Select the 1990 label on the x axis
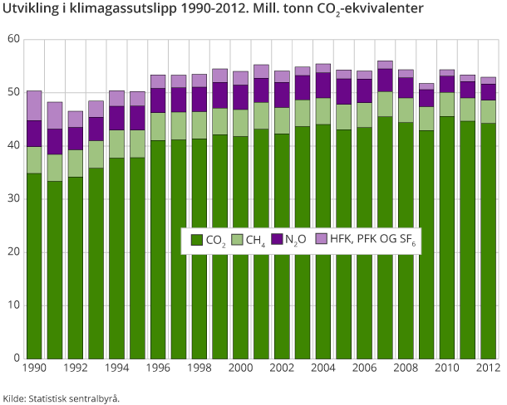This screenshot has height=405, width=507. click(x=34, y=368)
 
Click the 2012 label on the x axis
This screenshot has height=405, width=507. click(x=487, y=368)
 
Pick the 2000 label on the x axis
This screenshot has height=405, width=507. click(x=240, y=368)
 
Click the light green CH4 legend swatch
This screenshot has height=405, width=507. click(x=236, y=240)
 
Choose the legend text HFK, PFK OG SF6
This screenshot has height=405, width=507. click(x=372, y=240)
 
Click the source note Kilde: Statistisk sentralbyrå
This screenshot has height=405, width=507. click(x=62, y=398)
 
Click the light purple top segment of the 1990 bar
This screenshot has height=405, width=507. click(x=34, y=105)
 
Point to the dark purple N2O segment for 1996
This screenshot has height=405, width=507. click(x=158, y=100)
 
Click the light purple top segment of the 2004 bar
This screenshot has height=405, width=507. click(x=322, y=68)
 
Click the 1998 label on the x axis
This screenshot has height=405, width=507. click(x=199, y=368)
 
